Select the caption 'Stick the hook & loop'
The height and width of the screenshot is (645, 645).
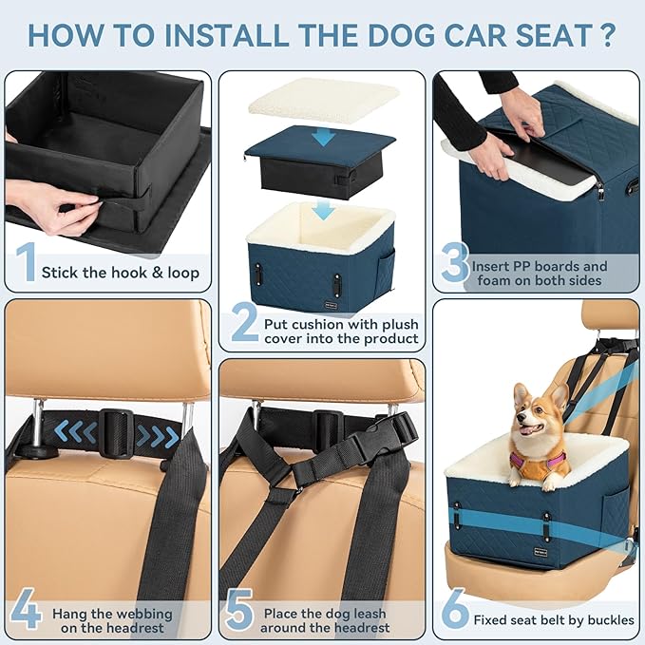121,273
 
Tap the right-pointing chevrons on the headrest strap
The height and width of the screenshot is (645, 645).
157,436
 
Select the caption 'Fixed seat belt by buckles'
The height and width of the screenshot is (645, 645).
556,619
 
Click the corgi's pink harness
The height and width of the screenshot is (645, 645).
538,463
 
